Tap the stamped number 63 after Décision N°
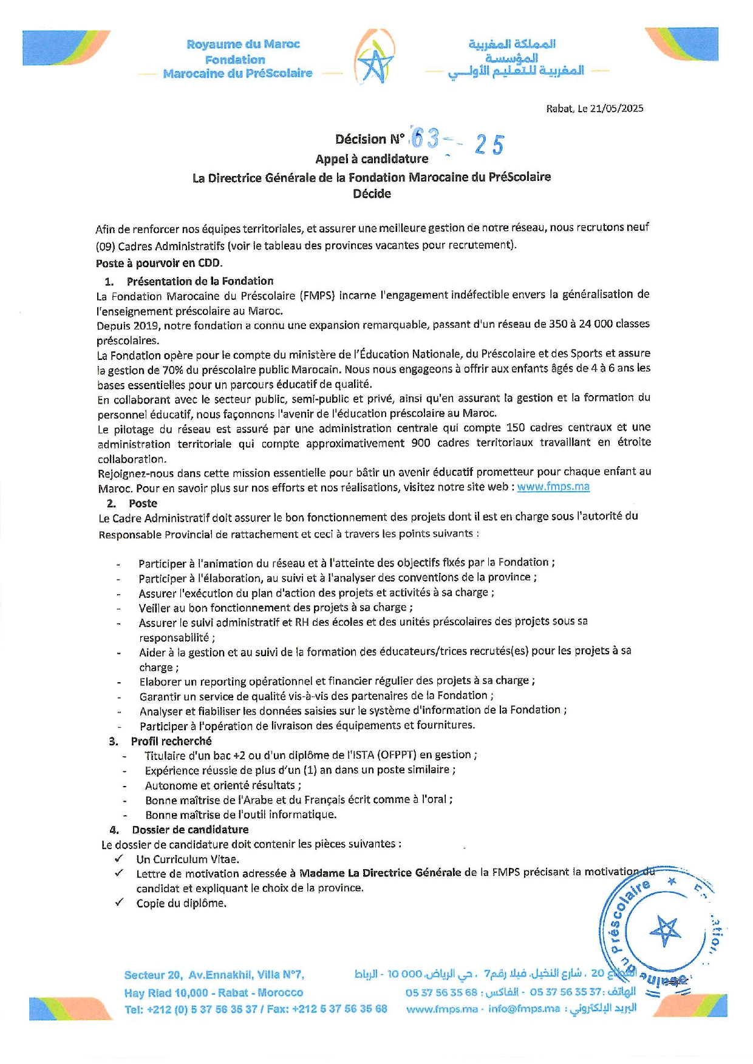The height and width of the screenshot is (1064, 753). tap(425, 139)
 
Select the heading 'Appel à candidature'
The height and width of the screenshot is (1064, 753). tap(372, 159)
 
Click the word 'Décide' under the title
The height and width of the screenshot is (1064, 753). tap(372, 194)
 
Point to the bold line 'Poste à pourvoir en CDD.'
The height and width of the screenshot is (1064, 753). tap(159, 263)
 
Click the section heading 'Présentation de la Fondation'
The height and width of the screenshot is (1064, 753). tap(200, 281)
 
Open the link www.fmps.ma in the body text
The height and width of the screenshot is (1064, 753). tap(553, 487)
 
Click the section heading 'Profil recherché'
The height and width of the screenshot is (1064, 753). tap(171, 741)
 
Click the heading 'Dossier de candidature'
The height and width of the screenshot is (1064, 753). tap(190, 830)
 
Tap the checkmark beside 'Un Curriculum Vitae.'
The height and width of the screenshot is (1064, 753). tap(119, 859)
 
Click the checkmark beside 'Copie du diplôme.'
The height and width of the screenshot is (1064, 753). tap(119, 903)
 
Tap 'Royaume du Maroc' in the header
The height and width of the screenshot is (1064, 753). tap(243, 44)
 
